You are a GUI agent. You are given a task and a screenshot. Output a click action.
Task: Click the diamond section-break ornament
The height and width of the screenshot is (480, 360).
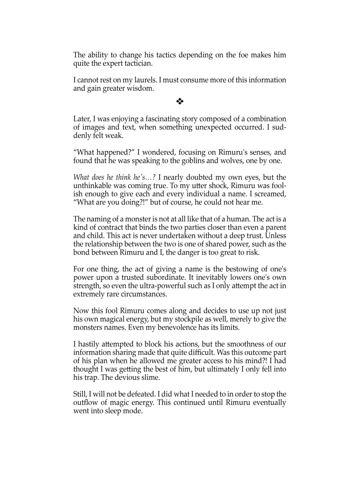coord(180,102)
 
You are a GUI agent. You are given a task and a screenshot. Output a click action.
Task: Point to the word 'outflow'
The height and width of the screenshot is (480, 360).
coord(85,403)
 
